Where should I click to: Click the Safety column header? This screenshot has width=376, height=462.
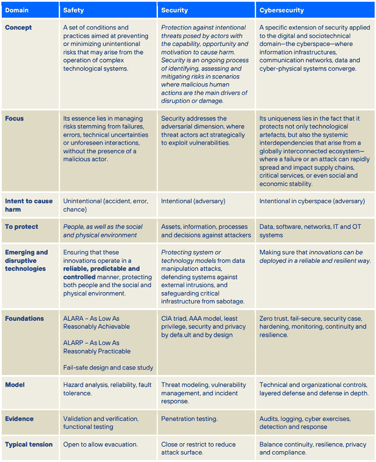[73, 10]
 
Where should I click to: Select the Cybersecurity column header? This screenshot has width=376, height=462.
[282, 10]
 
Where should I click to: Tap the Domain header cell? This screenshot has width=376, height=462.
[16, 10]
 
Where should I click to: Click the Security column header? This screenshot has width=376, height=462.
[174, 10]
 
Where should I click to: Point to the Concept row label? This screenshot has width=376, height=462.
[18, 28]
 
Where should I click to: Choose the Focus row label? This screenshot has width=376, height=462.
[15, 119]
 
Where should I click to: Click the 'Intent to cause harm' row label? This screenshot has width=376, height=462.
[29, 205]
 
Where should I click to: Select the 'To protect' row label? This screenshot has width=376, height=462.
[22, 227]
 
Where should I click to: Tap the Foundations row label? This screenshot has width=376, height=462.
[24, 319]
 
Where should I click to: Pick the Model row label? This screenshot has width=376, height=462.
[15, 385]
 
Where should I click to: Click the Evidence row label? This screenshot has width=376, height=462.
[19, 419]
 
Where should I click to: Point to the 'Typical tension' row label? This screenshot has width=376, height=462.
[29, 444]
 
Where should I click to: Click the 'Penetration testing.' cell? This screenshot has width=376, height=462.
[188, 419]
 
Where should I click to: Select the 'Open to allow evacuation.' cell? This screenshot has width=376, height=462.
[101, 444]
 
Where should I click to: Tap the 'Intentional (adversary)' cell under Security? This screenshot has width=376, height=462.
[193, 201]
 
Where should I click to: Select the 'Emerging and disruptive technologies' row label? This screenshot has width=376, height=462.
[26, 261]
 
